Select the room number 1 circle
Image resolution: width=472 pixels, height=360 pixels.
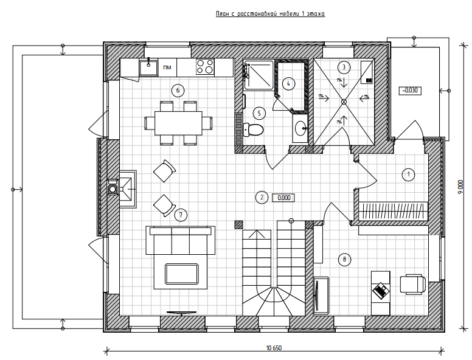(x=409, y=175)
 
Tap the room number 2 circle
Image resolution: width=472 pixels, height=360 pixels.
(x=261, y=197)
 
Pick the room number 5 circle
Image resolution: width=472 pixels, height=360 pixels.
(x=259, y=112)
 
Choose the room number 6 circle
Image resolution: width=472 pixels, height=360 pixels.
(x=178, y=91)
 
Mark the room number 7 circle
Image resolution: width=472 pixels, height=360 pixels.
(x=181, y=214)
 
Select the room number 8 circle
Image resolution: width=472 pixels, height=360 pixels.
(x=344, y=260)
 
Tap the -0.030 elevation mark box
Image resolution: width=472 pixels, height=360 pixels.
(x=411, y=91)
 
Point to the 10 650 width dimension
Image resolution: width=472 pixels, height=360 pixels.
(x=274, y=348)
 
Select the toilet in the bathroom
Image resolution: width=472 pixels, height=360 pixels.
(x=253, y=129)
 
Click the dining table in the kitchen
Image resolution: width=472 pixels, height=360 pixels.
(x=178, y=123)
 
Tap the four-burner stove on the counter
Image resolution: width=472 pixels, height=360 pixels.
(x=205, y=67)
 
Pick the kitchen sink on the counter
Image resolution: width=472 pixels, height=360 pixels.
(x=148, y=67)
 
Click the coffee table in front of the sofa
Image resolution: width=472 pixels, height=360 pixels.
(x=183, y=275)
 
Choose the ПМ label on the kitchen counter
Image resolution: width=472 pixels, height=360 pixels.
(x=167, y=67)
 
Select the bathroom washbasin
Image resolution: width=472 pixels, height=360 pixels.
(x=300, y=128)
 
